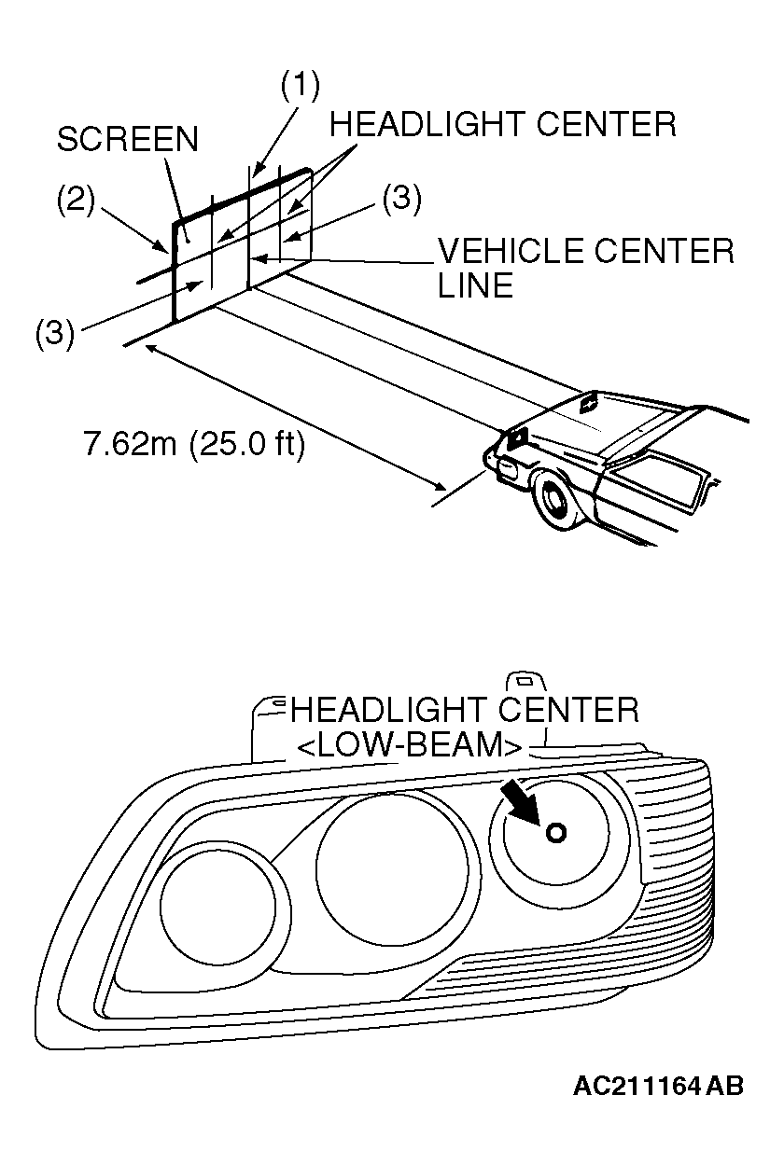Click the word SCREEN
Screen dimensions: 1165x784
tap(127, 139)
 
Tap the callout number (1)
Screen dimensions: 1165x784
tap(300, 86)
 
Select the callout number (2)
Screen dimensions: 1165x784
tap(74, 202)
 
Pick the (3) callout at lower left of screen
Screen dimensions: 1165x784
tap(55, 333)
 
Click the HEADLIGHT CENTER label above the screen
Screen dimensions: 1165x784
tap(503, 123)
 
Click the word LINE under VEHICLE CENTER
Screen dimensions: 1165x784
tap(475, 285)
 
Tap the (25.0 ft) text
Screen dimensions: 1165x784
tap(247, 445)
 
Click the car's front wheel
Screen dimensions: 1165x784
tap(554, 504)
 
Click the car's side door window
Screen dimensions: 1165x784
tap(653, 480)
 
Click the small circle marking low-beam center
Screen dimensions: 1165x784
tap(555, 833)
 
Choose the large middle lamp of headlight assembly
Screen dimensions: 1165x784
tap(392, 867)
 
